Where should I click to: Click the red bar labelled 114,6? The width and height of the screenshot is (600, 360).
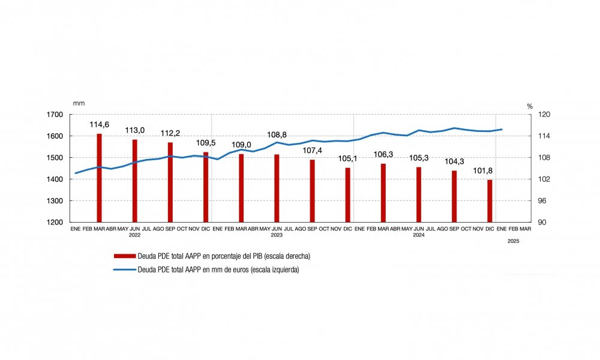point(99,178)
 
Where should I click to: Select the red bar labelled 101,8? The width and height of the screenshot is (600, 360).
point(490,201)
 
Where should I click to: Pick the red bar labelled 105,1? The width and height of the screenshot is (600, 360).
point(347,195)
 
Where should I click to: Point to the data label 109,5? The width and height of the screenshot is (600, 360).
point(206,144)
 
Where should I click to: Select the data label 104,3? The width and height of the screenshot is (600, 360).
point(454,162)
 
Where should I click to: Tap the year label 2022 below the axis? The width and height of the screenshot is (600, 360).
point(134,236)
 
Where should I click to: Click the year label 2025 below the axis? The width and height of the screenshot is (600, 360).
point(513,241)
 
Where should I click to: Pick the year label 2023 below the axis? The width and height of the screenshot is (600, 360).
point(277,236)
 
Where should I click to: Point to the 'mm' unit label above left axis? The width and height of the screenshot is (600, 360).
point(78,104)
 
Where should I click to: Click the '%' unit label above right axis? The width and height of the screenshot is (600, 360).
point(530,106)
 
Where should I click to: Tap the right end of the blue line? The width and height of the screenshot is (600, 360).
point(502,129)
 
